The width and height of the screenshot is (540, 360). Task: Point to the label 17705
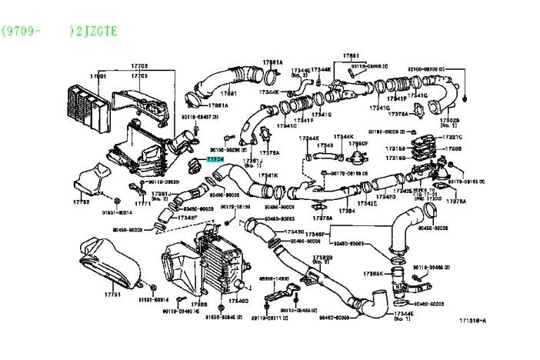click(x=139, y=76)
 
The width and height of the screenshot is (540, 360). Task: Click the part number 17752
click(x=82, y=201)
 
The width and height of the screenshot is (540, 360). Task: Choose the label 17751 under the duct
click(x=113, y=295)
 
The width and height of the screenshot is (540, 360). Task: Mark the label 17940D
click(x=238, y=300)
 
